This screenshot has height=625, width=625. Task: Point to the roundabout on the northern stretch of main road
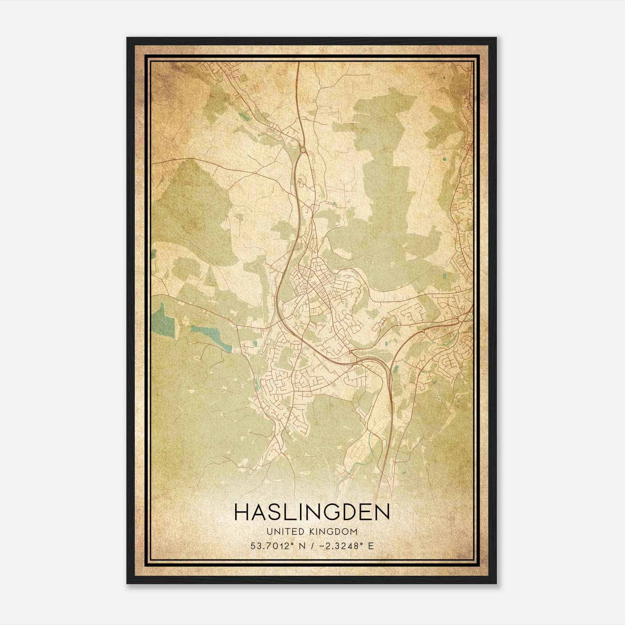click(x=303, y=149)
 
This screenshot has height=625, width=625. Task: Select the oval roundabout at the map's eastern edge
click(x=462, y=318)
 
